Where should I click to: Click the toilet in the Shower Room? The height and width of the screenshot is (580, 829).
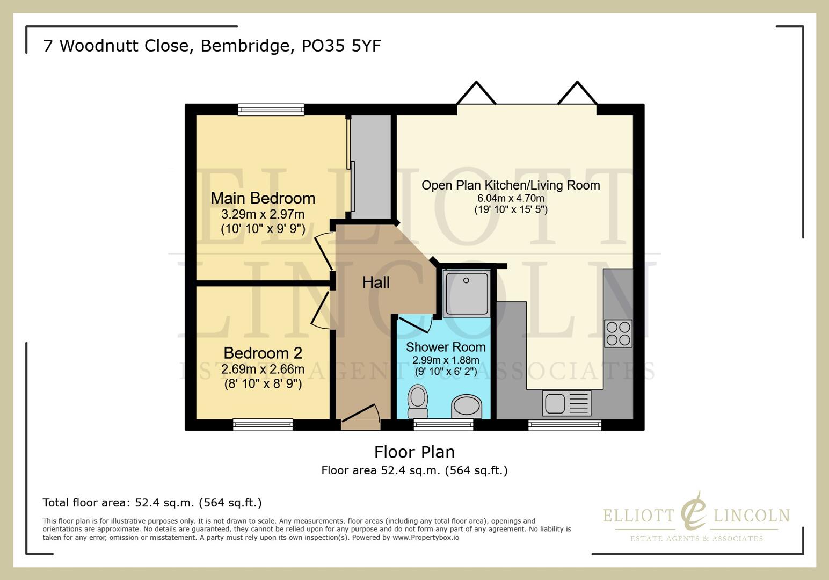coord(418,401)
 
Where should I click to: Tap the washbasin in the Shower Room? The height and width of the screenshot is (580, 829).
coord(466,406)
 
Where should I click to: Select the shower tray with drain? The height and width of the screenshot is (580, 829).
coord(467,293)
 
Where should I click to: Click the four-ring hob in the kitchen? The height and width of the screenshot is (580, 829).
coord(618,334)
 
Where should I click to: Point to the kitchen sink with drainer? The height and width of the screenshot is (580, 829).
coord(567,403)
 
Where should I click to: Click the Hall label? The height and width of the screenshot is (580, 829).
coord(376,282)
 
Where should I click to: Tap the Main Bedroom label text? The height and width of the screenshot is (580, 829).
coord(263,198)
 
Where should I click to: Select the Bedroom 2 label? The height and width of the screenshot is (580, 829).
coord(263,353)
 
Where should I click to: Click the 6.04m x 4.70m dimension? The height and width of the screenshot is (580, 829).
coord(511,198)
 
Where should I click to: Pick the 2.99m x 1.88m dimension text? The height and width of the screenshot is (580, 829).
coord(446,360)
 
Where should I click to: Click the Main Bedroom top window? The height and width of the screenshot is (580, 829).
coord(271,110)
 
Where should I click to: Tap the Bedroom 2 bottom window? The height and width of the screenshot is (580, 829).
coord(263,425)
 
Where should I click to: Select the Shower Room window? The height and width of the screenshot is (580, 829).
coord(443,425)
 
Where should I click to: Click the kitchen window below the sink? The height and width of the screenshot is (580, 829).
coord(564,425)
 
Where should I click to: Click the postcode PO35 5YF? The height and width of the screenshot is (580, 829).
coord(341,46)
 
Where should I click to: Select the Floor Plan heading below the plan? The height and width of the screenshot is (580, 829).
coord(414,452)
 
